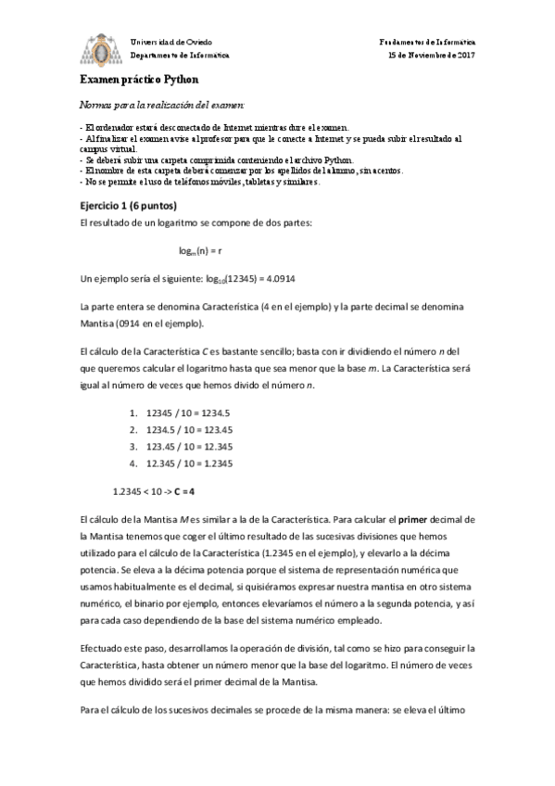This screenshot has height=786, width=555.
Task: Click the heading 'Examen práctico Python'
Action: [132, 80]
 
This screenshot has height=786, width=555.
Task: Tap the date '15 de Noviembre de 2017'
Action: [431, 55]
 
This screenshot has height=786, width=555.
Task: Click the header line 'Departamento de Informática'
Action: [172, 55]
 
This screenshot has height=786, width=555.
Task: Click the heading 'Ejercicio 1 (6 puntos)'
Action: [129, 205]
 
